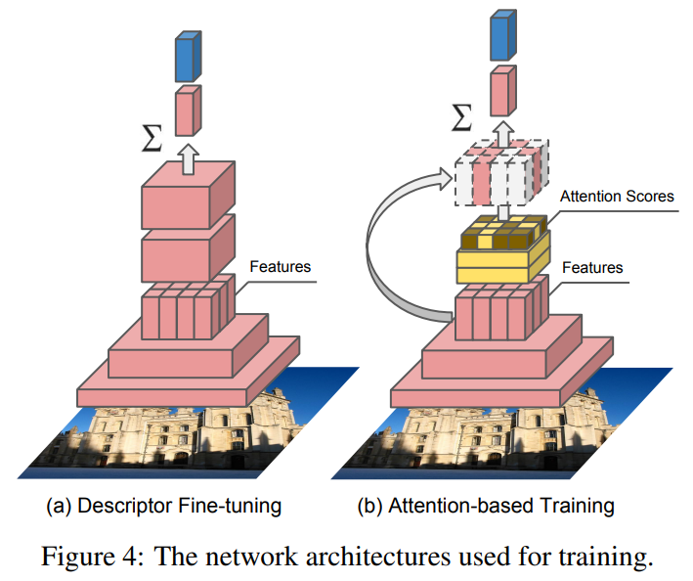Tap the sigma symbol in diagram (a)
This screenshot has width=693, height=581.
(x=152, y=138)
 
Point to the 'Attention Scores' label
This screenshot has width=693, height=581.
(x=616, y=197)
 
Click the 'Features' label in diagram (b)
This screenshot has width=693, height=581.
(x=594, y=266)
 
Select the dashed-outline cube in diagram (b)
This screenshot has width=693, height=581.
(x=499, y=173)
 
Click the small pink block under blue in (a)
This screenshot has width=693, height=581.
(x=187, y=110)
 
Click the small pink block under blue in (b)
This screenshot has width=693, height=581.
(x=499, y=91)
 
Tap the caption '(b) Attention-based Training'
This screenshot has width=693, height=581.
(x=485, y=506)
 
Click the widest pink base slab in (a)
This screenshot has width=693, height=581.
(x=186, y=386)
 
